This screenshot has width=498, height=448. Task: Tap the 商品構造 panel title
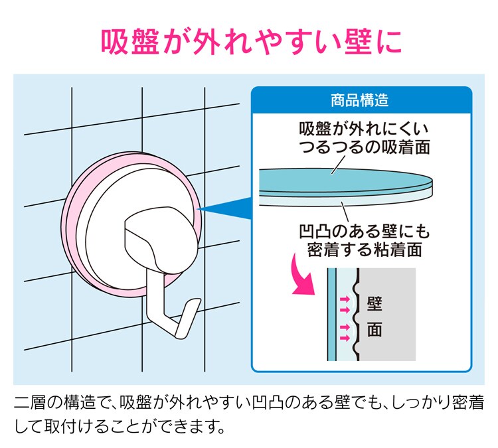pyautogui.click(x=360, y=100)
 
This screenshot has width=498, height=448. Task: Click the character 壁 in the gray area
pyautogui.click(x=374, y=304)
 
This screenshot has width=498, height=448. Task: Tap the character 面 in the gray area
pyautogui.click(x=374, y=329)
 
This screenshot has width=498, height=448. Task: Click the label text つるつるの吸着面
pyautogui.click(x=365, y=147)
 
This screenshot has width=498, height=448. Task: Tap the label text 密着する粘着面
pyautogui.click(x=365, y=250)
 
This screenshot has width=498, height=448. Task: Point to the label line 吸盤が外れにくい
pyautogui.click(x=364, y=129)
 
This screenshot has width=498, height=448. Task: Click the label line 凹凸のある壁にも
pyautogui.click(x=365, y=231)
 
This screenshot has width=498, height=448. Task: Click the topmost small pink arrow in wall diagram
pyautogui.click(x=345, y=299)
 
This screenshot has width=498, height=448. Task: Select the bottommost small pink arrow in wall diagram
pyautogui.click(x=345, y=338)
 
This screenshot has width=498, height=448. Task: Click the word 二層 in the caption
pyautogui.click(x=31, y=402)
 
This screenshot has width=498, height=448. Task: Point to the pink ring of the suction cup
pyautogui.click(x=67, y=222)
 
